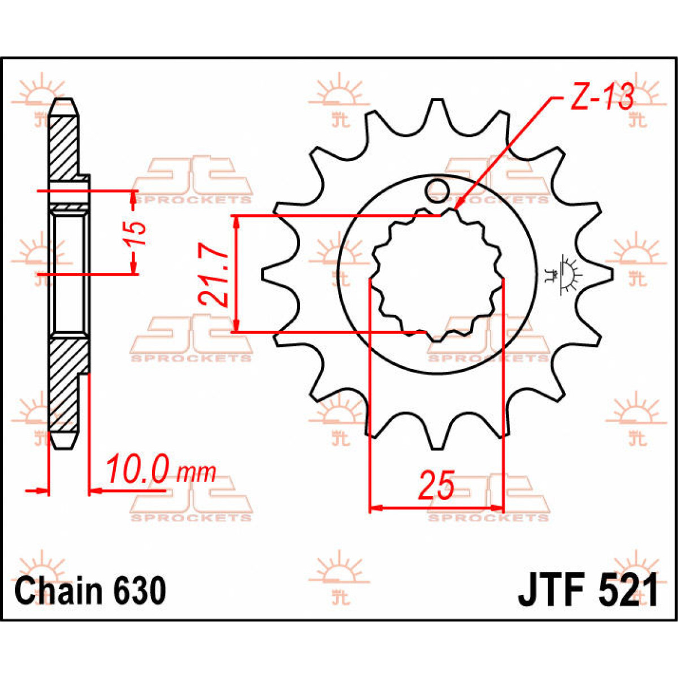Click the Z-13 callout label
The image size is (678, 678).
(601, 98)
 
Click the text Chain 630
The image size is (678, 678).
(90, 592)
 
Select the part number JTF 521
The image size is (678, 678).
(588, 592)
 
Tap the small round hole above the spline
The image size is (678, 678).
(436, 190)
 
